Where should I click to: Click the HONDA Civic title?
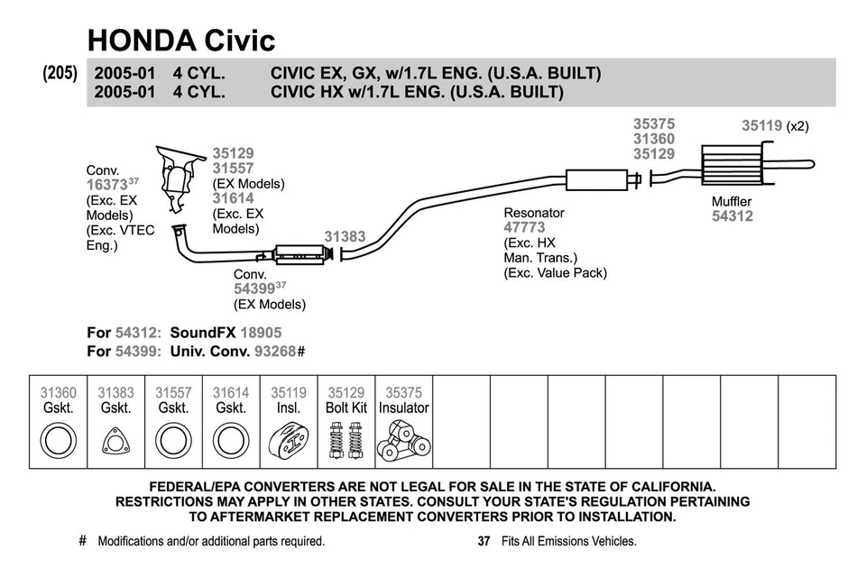(x=180, y=40)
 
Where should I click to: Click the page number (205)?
(x=60, y=74)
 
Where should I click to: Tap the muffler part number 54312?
(x=732, y=216)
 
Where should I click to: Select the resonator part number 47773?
(x=524, y=228)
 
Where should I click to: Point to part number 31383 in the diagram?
(x=345, y=237)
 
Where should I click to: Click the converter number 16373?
(x=106, y=185)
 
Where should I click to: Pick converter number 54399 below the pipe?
(x=253, y=289)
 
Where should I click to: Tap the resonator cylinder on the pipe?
(x=595, y=180)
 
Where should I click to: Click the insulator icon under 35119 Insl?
(x=289, y=443)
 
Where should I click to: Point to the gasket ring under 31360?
(x=59, y=443)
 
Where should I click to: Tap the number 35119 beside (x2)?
(x=761, y=126)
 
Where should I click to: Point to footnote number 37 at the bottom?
(x=483, y=542)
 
